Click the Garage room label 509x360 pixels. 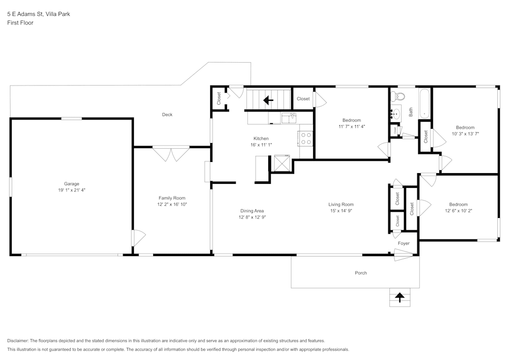point(71,184)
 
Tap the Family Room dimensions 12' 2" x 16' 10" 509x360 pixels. point(172,204)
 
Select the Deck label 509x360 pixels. point(167,115)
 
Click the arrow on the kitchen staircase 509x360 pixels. point(268,100)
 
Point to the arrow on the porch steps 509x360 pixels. point(400,297)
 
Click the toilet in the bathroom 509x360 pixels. point(400,96)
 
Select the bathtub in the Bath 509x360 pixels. point(425,104)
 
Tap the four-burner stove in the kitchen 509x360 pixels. point(306,139)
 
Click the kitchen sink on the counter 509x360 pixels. point(289,118)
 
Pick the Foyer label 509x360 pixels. point(404,243)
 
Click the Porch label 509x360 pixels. point(361,273)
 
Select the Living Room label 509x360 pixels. point(341,204)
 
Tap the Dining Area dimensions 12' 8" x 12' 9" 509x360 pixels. point(252,217)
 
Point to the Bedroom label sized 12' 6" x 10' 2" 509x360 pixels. point(458,204)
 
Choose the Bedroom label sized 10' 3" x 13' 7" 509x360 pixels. point(465,127)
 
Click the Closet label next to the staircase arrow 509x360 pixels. point(303,99)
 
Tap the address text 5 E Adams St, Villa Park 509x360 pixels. point(38,14)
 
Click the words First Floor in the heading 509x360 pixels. point(20,23)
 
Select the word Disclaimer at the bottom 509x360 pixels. point(18,341)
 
